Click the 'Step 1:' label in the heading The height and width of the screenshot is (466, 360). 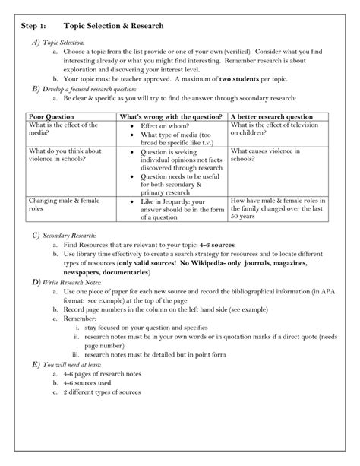point(35,26)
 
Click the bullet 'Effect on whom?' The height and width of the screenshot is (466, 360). point(165,125)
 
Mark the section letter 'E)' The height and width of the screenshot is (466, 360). point(35,385)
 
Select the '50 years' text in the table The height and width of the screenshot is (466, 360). point(244,217)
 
